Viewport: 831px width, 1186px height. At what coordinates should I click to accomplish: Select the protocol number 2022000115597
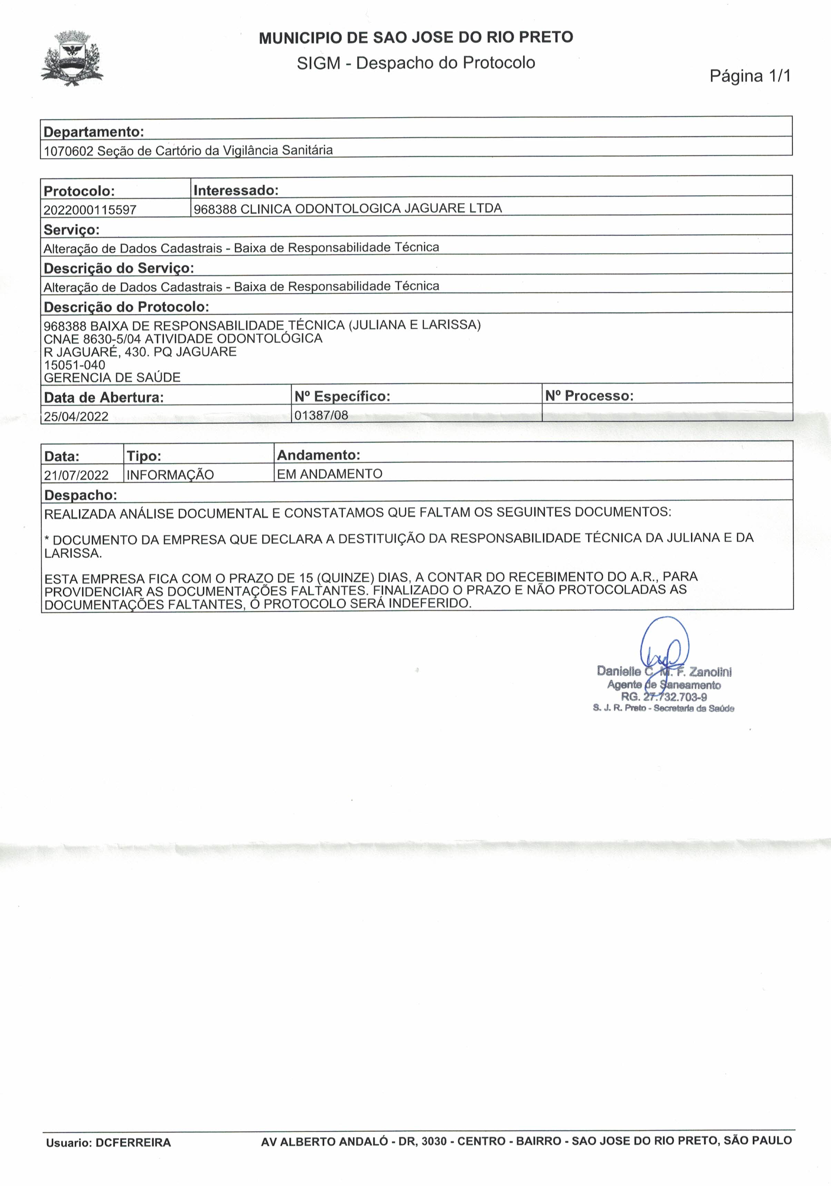[90, 210]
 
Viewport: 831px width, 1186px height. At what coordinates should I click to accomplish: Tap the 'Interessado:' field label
[236, 190]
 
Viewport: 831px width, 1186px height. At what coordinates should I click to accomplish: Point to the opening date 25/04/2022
[76, 416]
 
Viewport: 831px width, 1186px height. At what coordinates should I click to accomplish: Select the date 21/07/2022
[77, 475]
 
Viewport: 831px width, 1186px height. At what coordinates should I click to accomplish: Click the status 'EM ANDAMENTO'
[329, 474]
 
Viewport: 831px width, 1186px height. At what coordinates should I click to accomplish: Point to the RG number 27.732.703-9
[674, 697]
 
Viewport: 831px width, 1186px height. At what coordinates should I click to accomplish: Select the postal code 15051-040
[75, 365]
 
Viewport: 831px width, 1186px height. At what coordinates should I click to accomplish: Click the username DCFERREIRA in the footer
[133, 1143]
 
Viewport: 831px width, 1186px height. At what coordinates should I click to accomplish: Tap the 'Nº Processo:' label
[589, 396]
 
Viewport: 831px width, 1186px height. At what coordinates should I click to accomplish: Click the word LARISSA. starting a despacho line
[73, 553]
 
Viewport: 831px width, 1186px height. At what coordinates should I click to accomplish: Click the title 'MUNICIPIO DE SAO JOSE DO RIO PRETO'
[416, 38]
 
